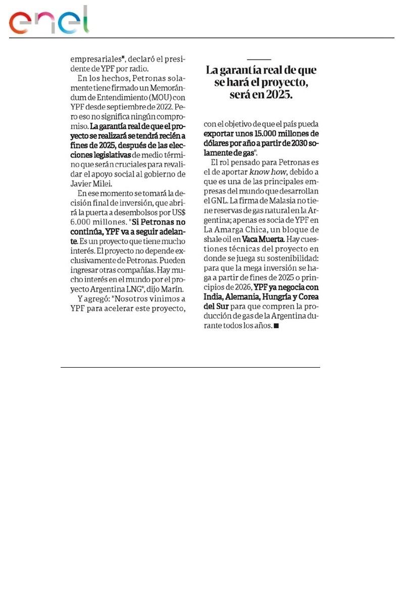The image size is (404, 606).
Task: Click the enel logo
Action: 49,21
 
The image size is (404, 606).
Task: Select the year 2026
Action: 241,287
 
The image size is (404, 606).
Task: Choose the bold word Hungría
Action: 275,297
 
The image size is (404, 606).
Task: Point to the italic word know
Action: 260,172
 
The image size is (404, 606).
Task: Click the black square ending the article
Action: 276,326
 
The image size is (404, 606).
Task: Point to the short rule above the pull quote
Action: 259,59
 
